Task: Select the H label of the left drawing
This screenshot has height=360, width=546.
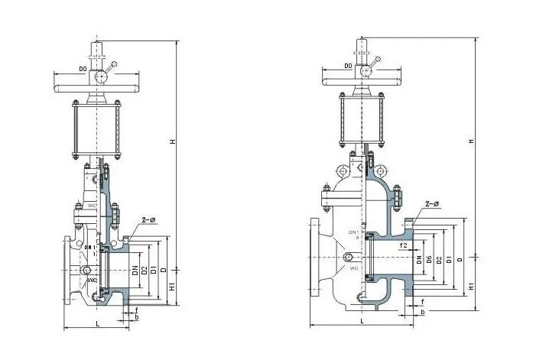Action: (172, 141)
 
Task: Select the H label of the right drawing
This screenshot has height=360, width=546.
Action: (472, 141)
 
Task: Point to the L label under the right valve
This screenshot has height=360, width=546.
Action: (359, 322)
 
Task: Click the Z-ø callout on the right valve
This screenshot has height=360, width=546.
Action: (431, 205)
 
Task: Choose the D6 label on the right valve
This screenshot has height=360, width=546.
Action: (429, 260)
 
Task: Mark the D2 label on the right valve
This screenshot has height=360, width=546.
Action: (439, 260)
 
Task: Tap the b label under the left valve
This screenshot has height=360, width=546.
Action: (136, 316)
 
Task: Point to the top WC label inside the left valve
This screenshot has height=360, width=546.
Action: (91, 205)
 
